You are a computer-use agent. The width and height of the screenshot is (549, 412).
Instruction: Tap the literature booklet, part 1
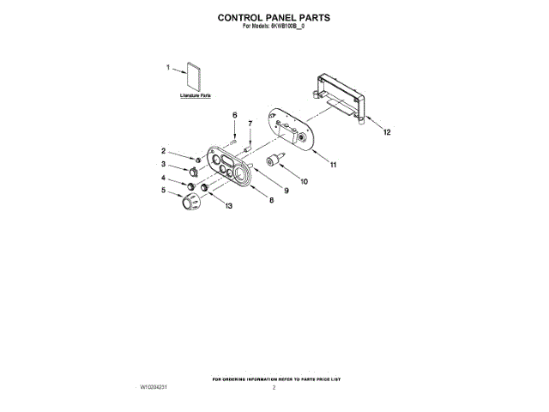(195, 77)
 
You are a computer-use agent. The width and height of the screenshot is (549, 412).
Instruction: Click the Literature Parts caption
(196, 96)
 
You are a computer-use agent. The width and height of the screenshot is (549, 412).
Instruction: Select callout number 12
(386, 133)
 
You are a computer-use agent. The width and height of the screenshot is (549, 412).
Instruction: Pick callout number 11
(333, 164)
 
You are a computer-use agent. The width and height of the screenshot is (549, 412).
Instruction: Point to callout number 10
(304, 181)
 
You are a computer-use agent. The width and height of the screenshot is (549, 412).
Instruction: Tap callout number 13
(228, 206)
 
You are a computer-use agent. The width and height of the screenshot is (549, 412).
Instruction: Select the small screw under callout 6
(232, 140)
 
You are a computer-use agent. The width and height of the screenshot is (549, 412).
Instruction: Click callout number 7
(250, 124)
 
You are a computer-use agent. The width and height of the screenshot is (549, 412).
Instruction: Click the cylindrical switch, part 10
(276, 161)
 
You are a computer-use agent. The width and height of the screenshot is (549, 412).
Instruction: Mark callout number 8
(271, 201)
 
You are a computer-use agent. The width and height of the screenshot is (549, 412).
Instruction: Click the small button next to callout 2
(199, 159)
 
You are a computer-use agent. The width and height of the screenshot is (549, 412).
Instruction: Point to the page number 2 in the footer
(274, 388)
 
